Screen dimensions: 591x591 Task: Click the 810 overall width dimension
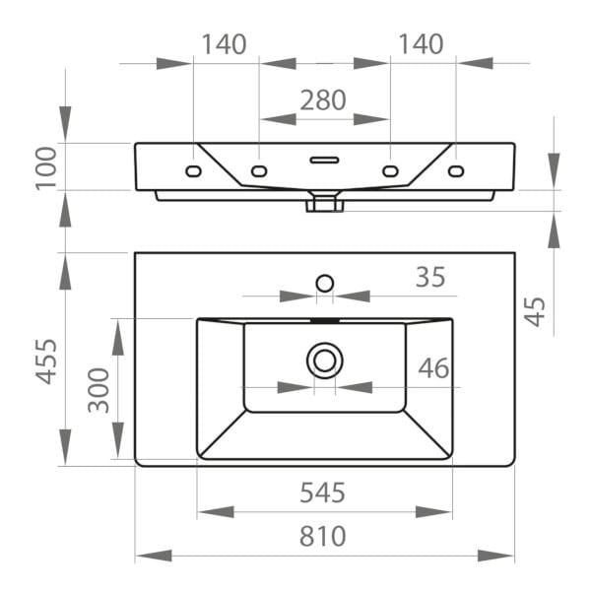[324, 537]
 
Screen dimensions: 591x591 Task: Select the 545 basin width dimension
[324, 492]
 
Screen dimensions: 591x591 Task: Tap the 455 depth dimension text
[43, 361]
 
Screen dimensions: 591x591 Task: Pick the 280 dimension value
[324, 99]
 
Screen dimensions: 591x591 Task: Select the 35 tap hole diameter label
[429, 277]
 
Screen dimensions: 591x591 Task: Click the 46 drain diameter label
[433, 368]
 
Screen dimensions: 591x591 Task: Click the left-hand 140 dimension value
[225, 44]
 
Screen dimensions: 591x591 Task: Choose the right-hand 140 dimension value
[422, 44]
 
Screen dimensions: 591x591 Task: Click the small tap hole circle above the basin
[324, 284]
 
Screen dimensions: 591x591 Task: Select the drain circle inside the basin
[324, 361]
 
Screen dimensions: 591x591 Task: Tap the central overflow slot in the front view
[324, 158]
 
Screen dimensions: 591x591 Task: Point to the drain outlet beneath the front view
[324, 204]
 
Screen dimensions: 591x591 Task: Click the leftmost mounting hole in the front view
[193, 172]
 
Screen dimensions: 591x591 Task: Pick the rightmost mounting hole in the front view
[456, 172]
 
